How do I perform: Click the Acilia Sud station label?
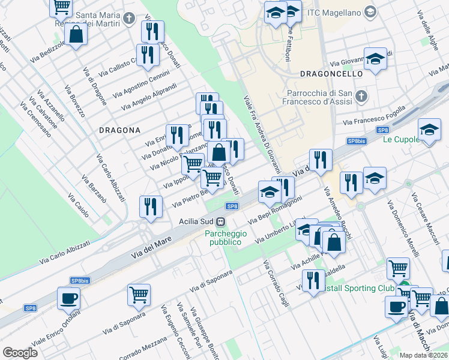pos(197,221)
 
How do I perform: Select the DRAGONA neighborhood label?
pos(119,130)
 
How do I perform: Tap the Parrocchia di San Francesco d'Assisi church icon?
pos(361,96)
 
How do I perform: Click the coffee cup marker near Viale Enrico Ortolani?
pos(68,298)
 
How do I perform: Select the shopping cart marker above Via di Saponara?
pos(139,294)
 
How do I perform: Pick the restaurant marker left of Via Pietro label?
pos(150,206)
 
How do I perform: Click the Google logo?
pos(20,353)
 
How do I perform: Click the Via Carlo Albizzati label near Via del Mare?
pos(65,253)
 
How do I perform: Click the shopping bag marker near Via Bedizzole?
pos(76,34)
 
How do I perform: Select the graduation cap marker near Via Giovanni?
pos(375,59)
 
